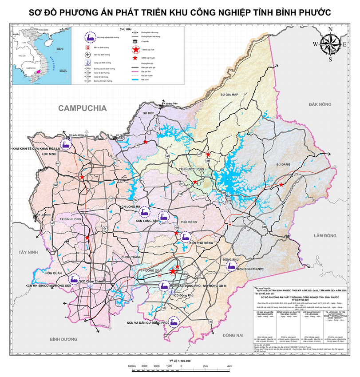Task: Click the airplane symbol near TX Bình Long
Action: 104,229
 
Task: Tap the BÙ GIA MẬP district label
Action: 229,95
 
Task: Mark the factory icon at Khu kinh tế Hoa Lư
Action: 66,143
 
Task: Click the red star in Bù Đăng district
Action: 281,184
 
